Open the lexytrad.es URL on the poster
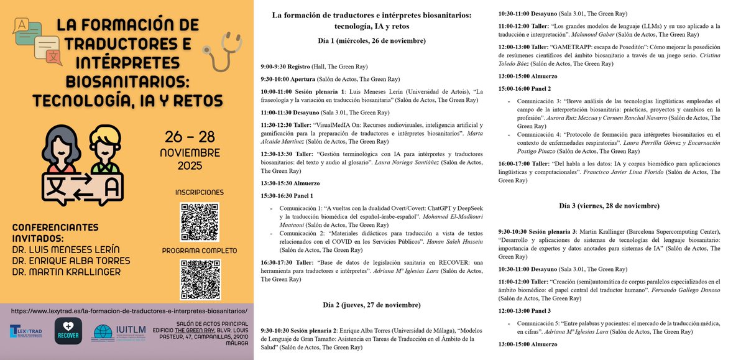[x=129, y=310]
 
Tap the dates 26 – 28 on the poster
[x=198, y=137]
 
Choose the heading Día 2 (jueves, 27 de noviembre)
[x=371, y=305]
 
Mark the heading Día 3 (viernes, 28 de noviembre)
[x=609, y=205]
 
